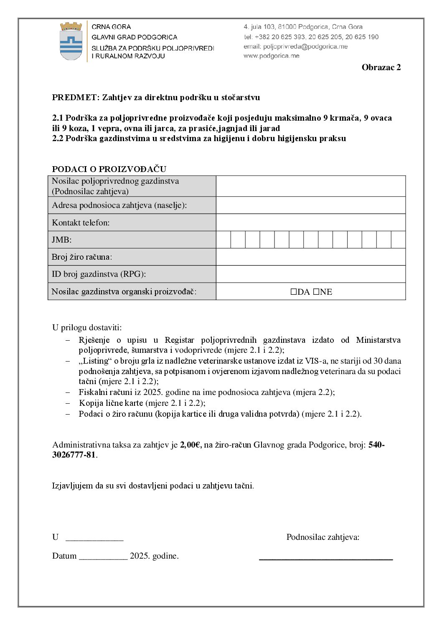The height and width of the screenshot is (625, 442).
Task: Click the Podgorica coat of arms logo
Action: [x=71, y=41]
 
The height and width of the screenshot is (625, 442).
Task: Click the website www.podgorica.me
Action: [x=271, y=56]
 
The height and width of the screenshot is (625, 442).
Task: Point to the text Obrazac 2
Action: [x=381, y=68]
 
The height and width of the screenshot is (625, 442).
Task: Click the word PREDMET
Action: [x=75, y=98]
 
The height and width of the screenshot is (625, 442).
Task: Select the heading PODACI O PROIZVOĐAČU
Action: [x=109, y=169]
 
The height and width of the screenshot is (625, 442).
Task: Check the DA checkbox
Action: [x=294, y=292]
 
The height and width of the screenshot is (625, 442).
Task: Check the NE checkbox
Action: [x=316, y=292]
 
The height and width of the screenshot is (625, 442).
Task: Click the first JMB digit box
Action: [x=224, y=240]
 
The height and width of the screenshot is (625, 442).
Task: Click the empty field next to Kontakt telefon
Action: [x=310, y=223]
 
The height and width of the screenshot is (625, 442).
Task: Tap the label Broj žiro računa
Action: [x=82, y=257]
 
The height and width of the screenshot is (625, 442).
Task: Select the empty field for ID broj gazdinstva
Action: [x=310, y=274]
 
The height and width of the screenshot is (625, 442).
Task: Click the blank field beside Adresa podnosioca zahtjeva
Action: [x=310, y=205]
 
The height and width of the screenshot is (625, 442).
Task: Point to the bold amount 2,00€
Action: [x=191, y=445]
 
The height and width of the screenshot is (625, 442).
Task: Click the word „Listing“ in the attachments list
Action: [x=94, y=361]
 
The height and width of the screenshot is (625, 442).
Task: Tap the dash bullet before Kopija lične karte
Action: [x=68, y=403]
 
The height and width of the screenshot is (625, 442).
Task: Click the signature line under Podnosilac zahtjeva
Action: [x=326, y=558]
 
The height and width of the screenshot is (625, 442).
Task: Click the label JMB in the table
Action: [x=61, y=240]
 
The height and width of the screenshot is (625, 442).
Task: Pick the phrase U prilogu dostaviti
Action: [x=87, y=328]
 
